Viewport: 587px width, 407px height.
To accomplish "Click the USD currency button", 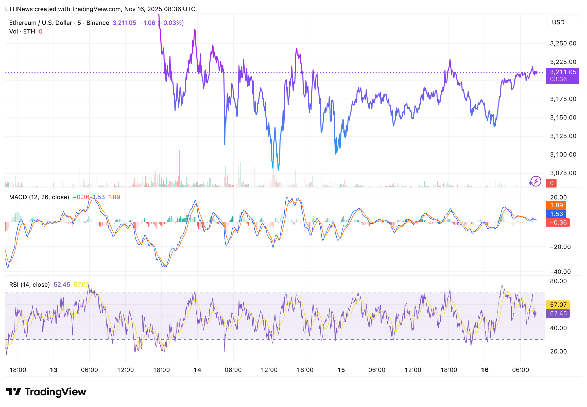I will pos(563,22).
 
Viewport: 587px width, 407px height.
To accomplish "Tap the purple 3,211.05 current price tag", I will pos(562,76).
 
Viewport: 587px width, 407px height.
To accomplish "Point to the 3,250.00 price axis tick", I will pos(563,43).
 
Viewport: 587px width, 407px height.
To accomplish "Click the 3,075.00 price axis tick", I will pos(563,173).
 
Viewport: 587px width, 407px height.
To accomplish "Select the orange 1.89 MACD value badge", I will pos(556,205).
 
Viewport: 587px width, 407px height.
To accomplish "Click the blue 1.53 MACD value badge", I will pos(556,214).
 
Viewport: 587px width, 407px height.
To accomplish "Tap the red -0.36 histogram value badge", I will pos(557,222).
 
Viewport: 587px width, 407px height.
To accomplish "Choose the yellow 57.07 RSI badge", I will pos(557,304).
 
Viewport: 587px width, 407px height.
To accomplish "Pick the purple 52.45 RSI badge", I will pos(557,313).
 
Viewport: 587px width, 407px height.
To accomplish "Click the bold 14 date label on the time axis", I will pos(197,370).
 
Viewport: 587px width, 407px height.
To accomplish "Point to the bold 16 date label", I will pos(484,370).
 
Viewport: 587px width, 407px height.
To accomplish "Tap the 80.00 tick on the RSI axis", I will pos(558,281).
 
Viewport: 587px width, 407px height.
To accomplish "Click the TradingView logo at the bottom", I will pos(46,392).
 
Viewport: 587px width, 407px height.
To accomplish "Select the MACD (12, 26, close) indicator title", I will pos(39,197).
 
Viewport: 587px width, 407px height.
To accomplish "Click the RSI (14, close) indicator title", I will pos(29,285).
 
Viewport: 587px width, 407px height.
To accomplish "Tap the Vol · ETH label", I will pos(22,31).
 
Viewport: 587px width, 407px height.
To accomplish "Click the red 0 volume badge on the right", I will pos(551,183).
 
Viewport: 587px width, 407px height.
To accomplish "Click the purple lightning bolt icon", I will pos(536,181).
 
